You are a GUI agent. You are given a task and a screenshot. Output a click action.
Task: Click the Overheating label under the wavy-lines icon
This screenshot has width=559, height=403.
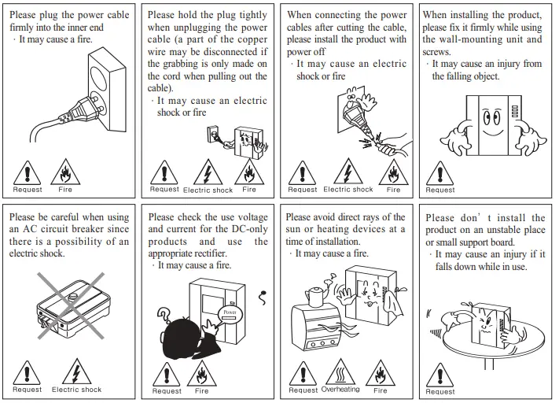pyautogui.click(x=340, y=390)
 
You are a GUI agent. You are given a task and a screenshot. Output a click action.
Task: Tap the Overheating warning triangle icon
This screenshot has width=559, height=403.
pyautogui.click(x=340, y=371)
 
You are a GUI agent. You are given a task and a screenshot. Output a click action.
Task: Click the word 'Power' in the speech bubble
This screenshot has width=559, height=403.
pyautogui.click(x=229, y=311)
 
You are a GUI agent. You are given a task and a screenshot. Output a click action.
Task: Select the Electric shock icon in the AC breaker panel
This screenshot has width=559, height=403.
pyautogui.click(x=76, y=371)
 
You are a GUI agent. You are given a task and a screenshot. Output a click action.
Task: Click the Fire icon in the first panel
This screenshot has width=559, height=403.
pyautogui.click(x=64, y=172)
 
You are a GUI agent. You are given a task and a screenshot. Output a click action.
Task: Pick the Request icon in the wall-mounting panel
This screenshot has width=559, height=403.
pyautogui.click(x=439, y=172)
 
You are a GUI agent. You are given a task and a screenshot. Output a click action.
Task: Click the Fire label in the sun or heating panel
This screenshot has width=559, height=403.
pyautogui.click(x=381, y=390)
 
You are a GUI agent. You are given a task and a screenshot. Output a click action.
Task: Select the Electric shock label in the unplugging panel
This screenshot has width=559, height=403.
pyautogui.click(x=208, y=190)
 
